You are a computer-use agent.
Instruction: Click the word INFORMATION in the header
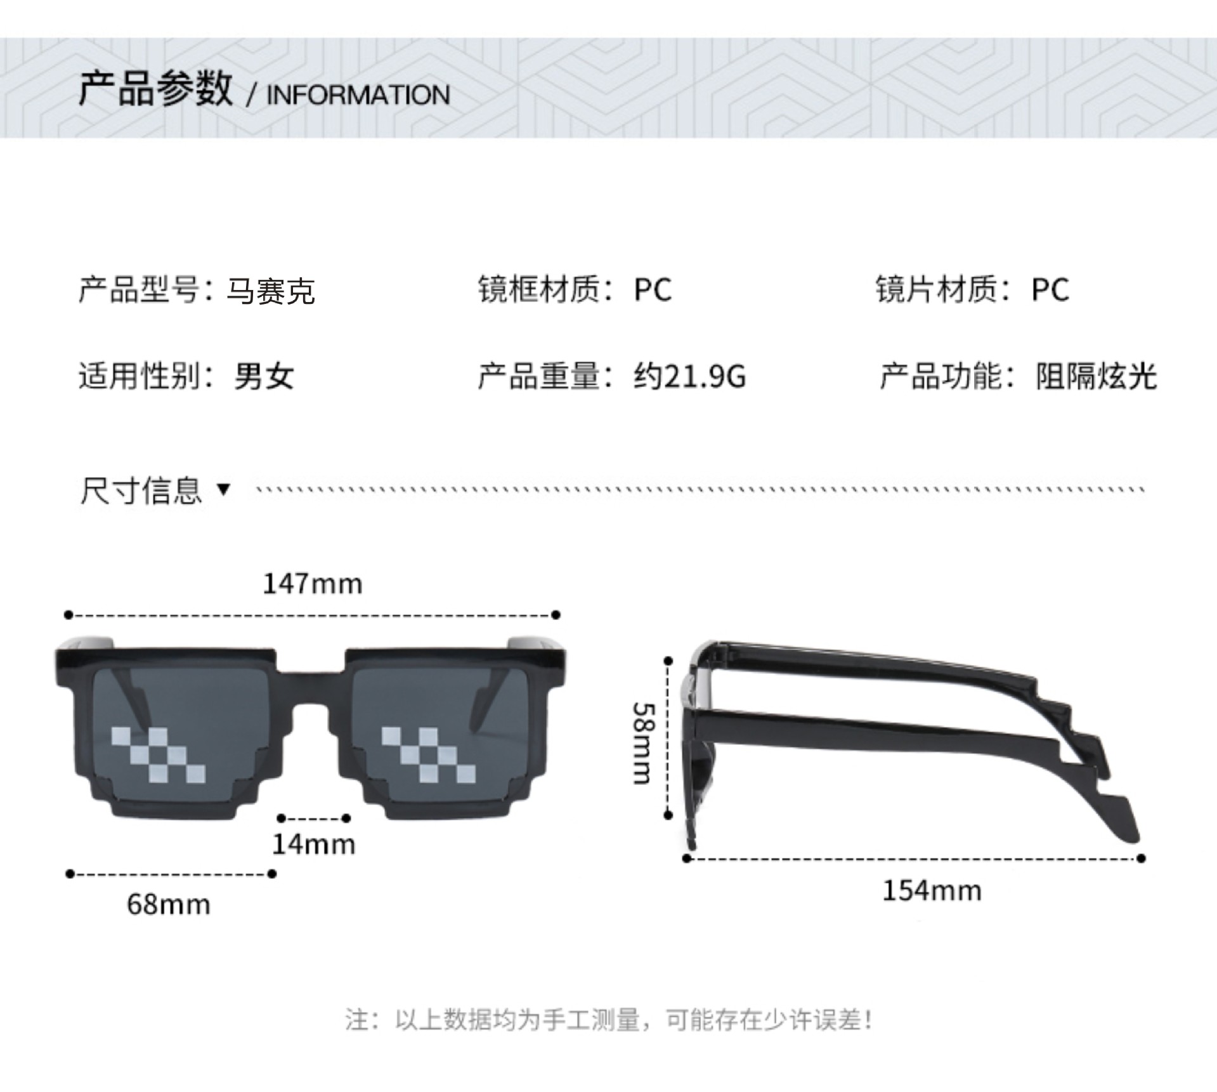click(x=358, y=95)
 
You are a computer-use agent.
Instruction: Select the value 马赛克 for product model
click(x=271, y=291)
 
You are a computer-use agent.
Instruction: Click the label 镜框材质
click(x=540, y=289)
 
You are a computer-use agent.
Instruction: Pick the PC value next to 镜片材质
click(x=1050, y=290)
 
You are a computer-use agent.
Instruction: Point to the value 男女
click(x=264, y=376)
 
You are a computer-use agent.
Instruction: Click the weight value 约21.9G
click(x=689, y=376)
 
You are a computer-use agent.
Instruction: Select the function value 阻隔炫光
click(x=1096, y=376)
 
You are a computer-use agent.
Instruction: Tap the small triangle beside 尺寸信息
click(x=223, y=489)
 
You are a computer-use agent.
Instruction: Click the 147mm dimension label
click(x=313, y=584)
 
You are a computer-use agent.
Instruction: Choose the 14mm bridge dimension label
click(x=313, y=845)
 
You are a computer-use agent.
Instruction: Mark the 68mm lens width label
click(x=169, y=904)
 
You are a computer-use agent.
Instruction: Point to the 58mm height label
click(x=642, y=742)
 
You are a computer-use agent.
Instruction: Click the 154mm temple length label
click(x=932, y=891)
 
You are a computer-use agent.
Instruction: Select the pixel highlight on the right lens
click(x=428, y=754)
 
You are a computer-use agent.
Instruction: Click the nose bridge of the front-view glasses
click(x=311, y=679)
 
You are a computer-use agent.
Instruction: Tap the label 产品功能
click(x=941, y=376)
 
